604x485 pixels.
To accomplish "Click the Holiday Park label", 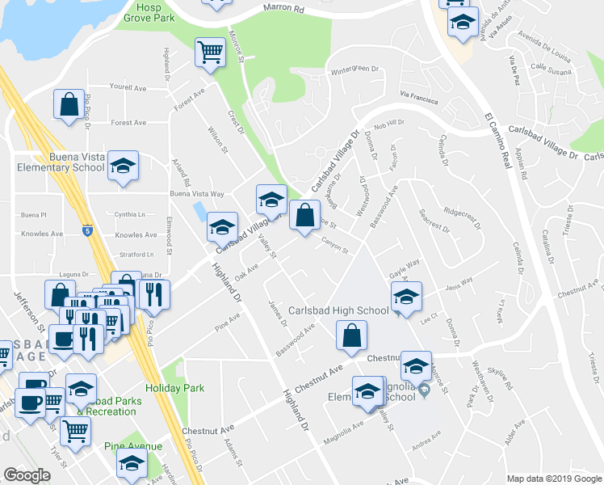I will click(x=177, y=387).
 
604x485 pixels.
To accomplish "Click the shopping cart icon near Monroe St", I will click(x=210, y=53).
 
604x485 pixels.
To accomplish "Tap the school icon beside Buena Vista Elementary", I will click(x=123, y=167).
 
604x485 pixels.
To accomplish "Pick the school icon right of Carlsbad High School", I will click(x=407, y=298).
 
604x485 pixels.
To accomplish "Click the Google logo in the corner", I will click(x=27, y=475).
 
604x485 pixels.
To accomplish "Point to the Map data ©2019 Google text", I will click(x=553, y=479).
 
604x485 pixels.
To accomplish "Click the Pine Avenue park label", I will click(x=132, y=446).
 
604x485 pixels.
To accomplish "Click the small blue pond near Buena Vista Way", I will click(x=199, y=212).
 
